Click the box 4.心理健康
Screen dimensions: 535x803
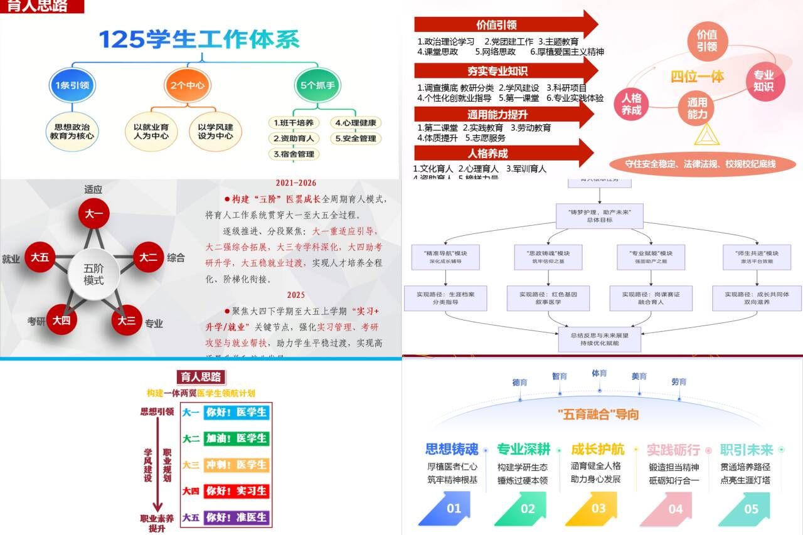[356, 122]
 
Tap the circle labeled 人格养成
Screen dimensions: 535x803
[631, 103]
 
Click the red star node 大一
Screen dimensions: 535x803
[94, 215]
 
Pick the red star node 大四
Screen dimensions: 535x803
[61, 320]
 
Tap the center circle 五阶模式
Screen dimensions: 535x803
[94, 275]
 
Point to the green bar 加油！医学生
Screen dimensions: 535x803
[237, 438]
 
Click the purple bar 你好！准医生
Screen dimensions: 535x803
[237, 517]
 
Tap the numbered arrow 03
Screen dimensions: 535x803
[598, 509]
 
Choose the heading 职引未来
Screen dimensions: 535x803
[746, 450]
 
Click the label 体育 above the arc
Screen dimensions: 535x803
[599, 373]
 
